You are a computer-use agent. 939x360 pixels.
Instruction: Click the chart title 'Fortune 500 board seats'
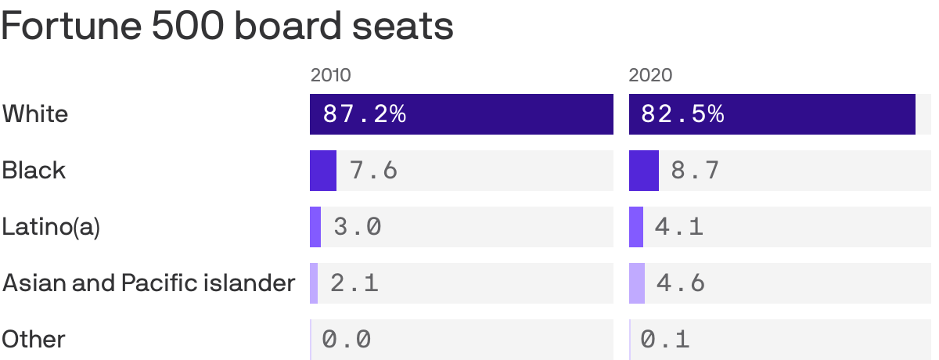[228, 26]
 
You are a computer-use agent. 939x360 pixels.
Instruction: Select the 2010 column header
[330, 75]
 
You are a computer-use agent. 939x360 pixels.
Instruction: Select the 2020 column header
[650, 75]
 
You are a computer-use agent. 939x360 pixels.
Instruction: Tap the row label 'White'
[35, 114]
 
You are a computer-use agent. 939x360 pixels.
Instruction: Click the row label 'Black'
[34, 171]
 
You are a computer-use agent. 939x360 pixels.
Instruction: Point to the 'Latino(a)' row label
[51, 227]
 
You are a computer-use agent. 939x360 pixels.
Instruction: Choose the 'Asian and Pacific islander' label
[149, 283]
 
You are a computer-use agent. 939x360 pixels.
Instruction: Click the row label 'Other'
[34, 340]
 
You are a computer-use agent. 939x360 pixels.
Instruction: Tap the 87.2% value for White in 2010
[365, 114]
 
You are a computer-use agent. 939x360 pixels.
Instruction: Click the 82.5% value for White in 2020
[682, 114]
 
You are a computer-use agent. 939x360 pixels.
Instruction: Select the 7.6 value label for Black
[373, 171]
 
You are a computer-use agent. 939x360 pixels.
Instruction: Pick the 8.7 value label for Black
[695, 171]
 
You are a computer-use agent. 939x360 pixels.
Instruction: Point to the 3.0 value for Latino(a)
[358, 227]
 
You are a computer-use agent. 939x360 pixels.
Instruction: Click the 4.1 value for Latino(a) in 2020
[679, 227]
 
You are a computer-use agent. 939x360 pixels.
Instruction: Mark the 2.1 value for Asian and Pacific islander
[354, 283]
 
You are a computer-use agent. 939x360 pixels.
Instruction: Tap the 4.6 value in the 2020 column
[681, 283]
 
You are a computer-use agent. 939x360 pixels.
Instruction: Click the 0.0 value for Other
[347, 340]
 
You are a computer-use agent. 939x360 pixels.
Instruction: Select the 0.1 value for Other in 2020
[665, 340]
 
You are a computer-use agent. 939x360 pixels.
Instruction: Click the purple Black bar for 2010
[323, 171]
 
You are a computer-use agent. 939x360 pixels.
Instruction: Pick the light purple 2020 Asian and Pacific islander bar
[637, 283]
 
